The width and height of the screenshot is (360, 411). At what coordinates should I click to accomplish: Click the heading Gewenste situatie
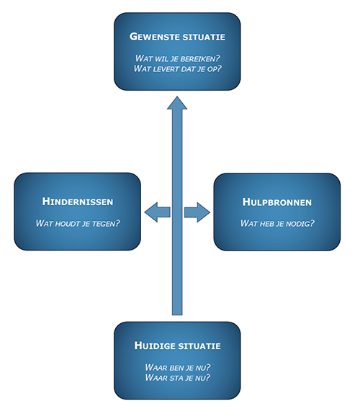pos(177,37)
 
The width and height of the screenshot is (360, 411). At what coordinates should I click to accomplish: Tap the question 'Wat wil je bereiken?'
pos(178,58)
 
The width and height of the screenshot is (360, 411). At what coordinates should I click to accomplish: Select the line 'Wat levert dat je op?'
pos(178,68)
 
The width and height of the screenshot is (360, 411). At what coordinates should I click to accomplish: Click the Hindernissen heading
pos(78,202)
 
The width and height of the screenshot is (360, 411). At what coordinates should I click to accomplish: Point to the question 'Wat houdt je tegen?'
pos(78,223)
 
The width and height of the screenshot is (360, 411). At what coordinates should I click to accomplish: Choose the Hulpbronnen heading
pos(277,202)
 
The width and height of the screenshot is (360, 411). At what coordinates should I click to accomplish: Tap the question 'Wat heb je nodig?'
pos(277,223)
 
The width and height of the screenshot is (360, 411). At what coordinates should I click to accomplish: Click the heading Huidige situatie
pos(178,345)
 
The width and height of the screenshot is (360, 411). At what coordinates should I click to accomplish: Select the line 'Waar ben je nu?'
pos(178,367)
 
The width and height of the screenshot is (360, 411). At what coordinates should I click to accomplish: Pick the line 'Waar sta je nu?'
pos(178,377)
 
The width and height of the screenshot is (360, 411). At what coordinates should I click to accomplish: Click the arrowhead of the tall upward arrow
pos(177,103)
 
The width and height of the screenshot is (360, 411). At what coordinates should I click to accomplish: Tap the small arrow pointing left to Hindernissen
pos(157,212)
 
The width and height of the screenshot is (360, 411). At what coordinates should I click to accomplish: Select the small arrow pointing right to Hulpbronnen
pos(197,212)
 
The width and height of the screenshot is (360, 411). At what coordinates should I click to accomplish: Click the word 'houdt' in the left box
pos(66,224)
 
